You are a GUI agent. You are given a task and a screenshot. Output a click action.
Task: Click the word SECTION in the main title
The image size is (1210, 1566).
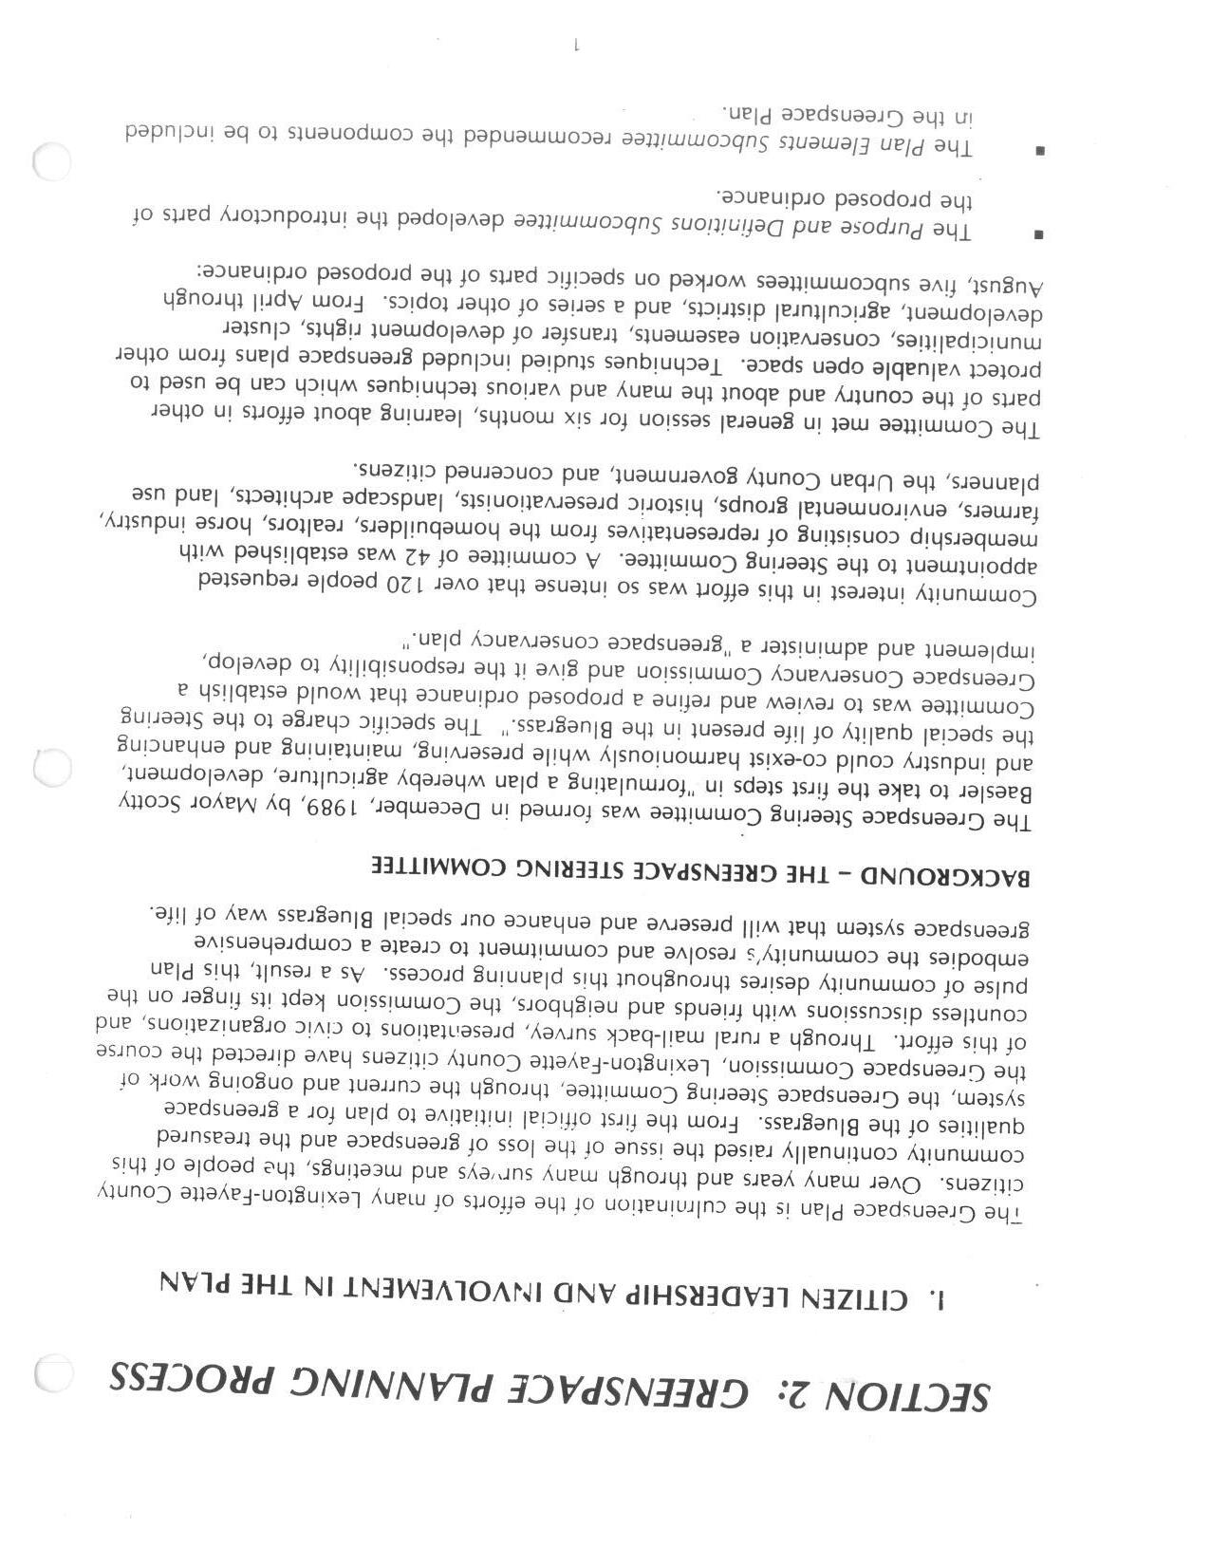912,1394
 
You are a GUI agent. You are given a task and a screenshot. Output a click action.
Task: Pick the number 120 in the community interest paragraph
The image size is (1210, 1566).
402,584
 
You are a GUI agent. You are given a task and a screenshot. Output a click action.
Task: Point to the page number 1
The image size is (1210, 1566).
576,44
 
